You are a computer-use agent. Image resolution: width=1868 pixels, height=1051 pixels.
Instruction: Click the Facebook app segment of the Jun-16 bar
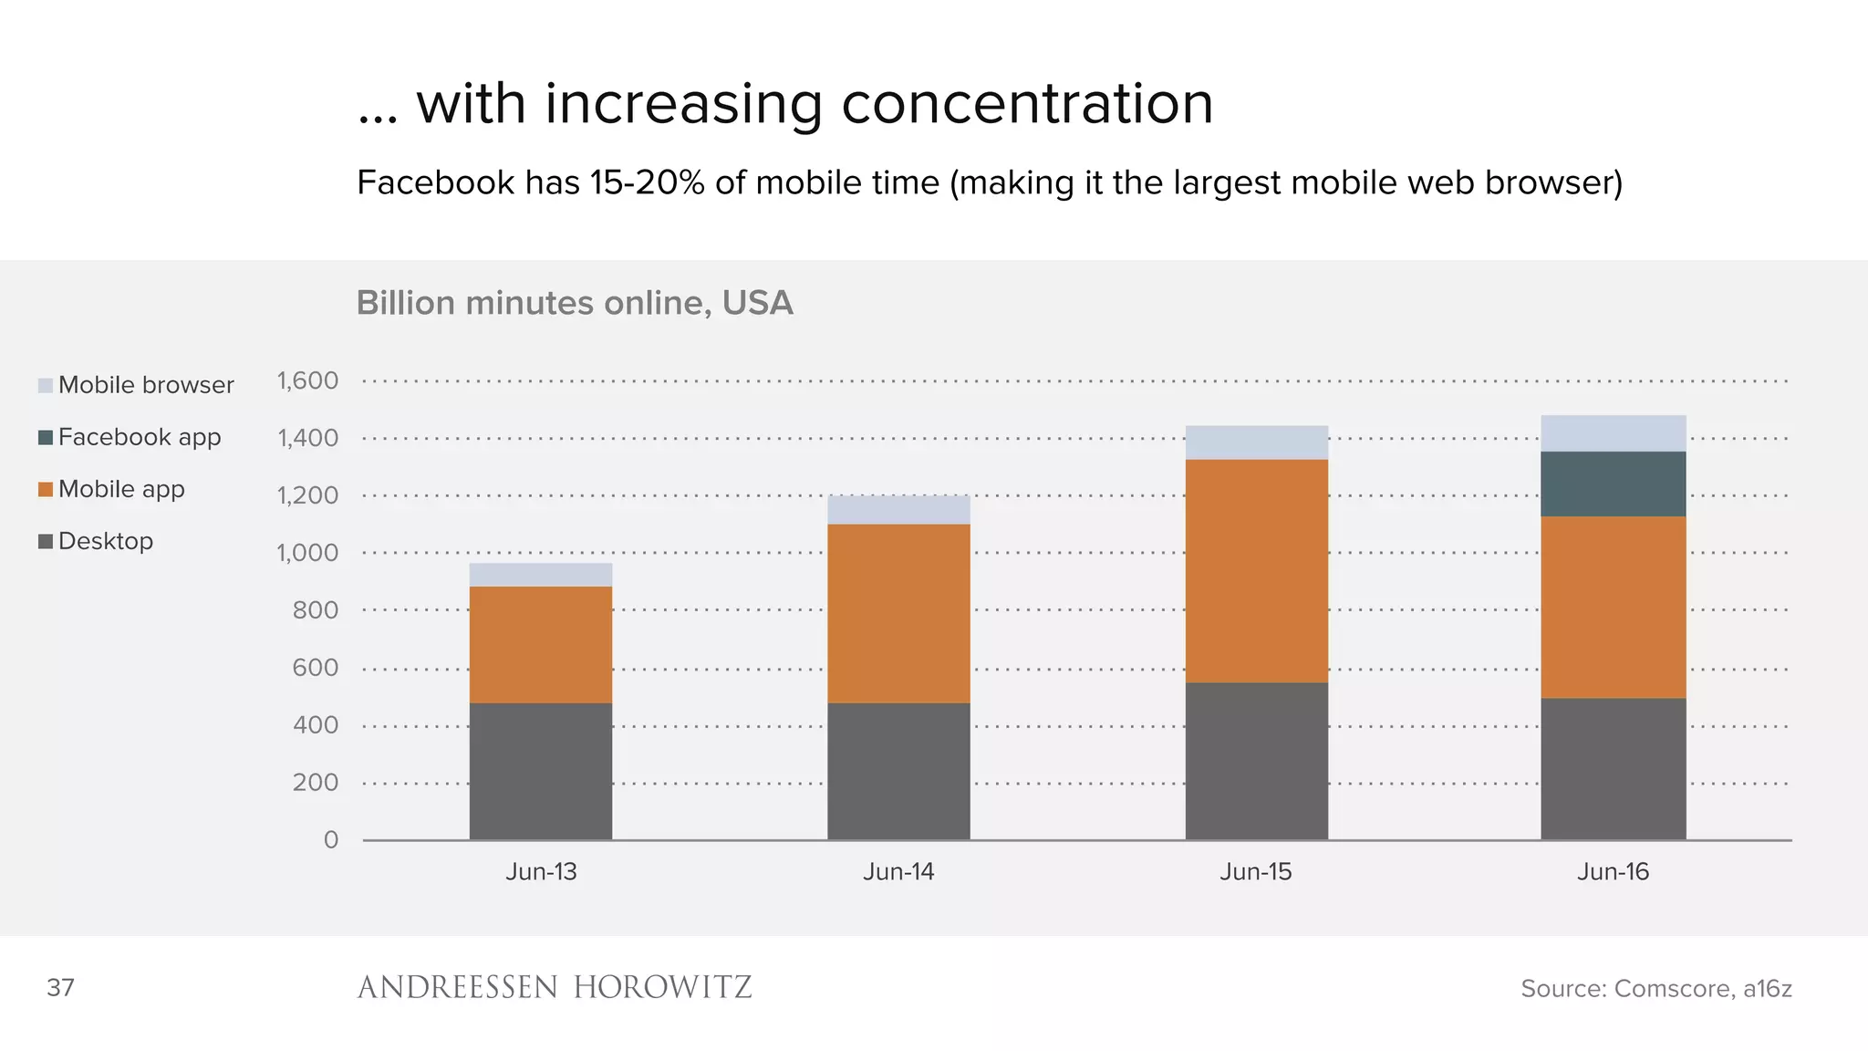[1613, 484]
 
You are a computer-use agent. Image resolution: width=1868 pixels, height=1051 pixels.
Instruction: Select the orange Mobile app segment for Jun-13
[540, 644]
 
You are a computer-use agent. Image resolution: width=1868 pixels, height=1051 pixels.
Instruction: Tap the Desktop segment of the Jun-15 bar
[1256, 761]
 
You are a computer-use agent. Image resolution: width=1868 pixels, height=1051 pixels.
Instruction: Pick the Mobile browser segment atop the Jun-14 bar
[898, 510]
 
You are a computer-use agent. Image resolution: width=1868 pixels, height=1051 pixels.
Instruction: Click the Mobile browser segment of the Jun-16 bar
[1613, 433]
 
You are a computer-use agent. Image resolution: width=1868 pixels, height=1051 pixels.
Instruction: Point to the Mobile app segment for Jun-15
[1256, 570]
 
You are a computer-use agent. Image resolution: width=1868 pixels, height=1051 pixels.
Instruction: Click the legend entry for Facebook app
[139, 437]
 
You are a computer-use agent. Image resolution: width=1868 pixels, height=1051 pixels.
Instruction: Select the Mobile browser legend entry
[145, 385]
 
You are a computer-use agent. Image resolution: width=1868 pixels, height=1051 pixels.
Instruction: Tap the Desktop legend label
[105, 541]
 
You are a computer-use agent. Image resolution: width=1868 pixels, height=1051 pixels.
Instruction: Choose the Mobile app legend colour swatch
[46, 490]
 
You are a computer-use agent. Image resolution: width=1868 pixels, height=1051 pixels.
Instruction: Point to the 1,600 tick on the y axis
[307, 380]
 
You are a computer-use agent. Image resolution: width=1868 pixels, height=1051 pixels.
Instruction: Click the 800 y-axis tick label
[315, 610]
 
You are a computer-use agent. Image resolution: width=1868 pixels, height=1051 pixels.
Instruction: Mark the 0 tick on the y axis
[331, 839]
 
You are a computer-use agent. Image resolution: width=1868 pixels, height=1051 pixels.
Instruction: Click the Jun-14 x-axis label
[898, 871]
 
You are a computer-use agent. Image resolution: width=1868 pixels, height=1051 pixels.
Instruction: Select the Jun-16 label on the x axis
[1613, 871]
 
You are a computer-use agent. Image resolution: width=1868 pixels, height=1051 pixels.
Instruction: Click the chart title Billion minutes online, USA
[575, 303]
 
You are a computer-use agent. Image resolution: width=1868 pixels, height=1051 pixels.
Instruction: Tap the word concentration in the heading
[1027, 103]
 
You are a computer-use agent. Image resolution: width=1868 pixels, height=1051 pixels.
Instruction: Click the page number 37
[60, 987]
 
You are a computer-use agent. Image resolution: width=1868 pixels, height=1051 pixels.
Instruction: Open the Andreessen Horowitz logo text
[554, 987]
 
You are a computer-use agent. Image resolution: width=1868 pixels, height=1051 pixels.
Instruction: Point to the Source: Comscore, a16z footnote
[1655, 988]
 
